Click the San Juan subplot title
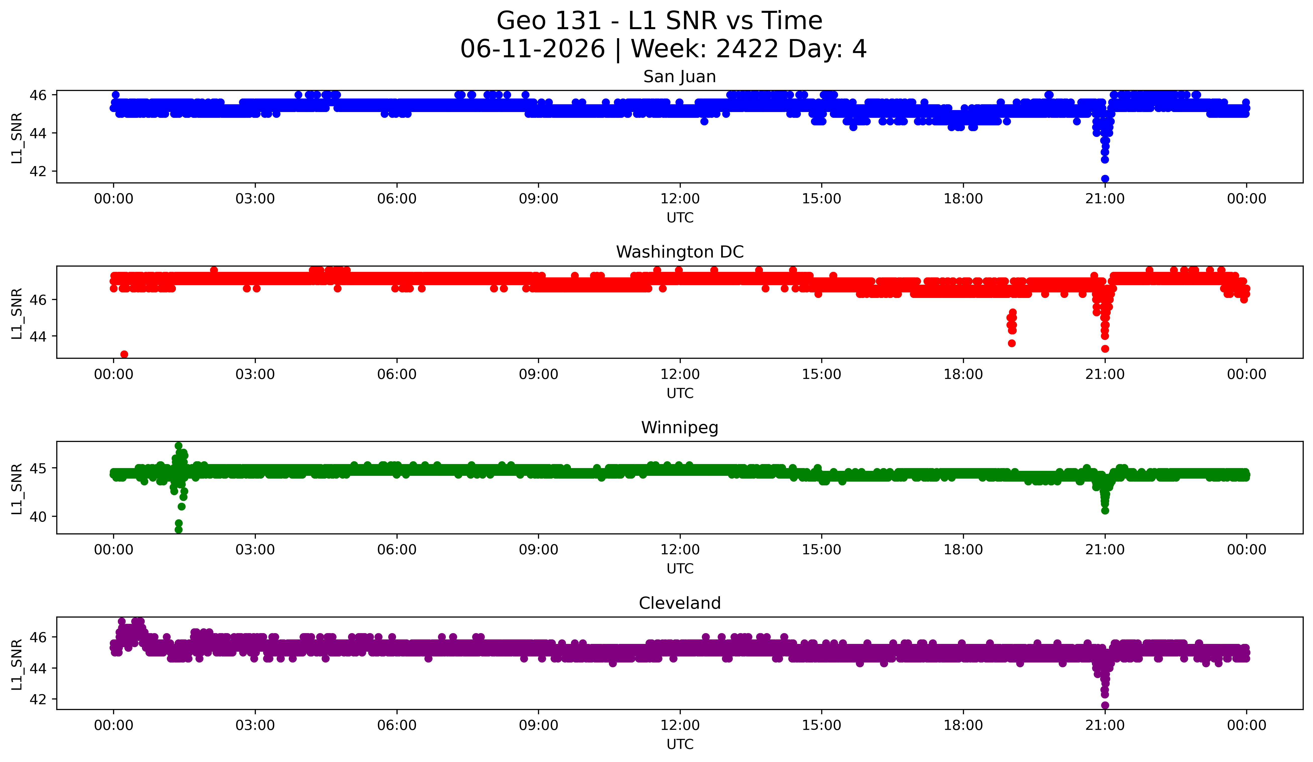(x=679, y=77)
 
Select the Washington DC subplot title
(x=679, y=252)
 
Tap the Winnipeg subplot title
(x=679, y=428)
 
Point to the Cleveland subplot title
(x=679, y=603)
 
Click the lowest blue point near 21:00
(x=1105, y=179)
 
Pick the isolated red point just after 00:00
(x=124, y=354)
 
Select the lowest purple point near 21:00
(x=1105, y=705)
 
